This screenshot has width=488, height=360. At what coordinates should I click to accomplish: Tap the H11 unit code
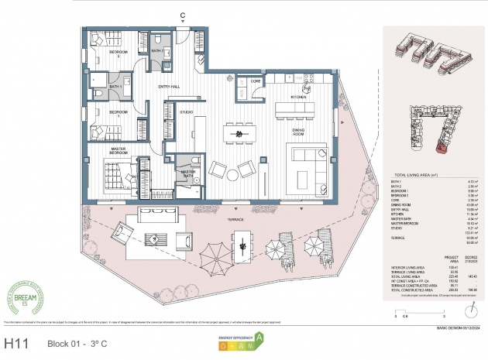[16, 341]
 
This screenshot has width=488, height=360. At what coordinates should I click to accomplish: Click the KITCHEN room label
[300, 97]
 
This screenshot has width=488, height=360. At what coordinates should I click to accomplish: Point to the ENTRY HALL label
[169, 86]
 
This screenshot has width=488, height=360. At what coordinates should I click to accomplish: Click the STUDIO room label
[187, 112]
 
